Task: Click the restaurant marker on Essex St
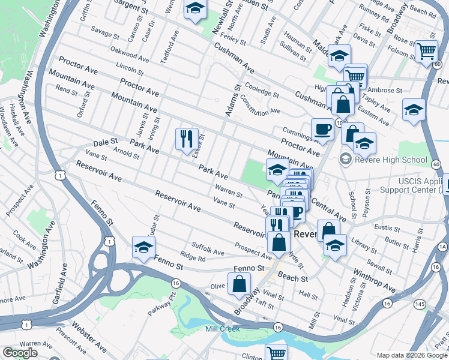coord(187,139)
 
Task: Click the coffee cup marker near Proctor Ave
coord(322,130)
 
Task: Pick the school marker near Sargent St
coord(196,10)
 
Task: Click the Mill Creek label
coord(223,329)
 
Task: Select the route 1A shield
coord(443,247)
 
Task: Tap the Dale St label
coord(105,144)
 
